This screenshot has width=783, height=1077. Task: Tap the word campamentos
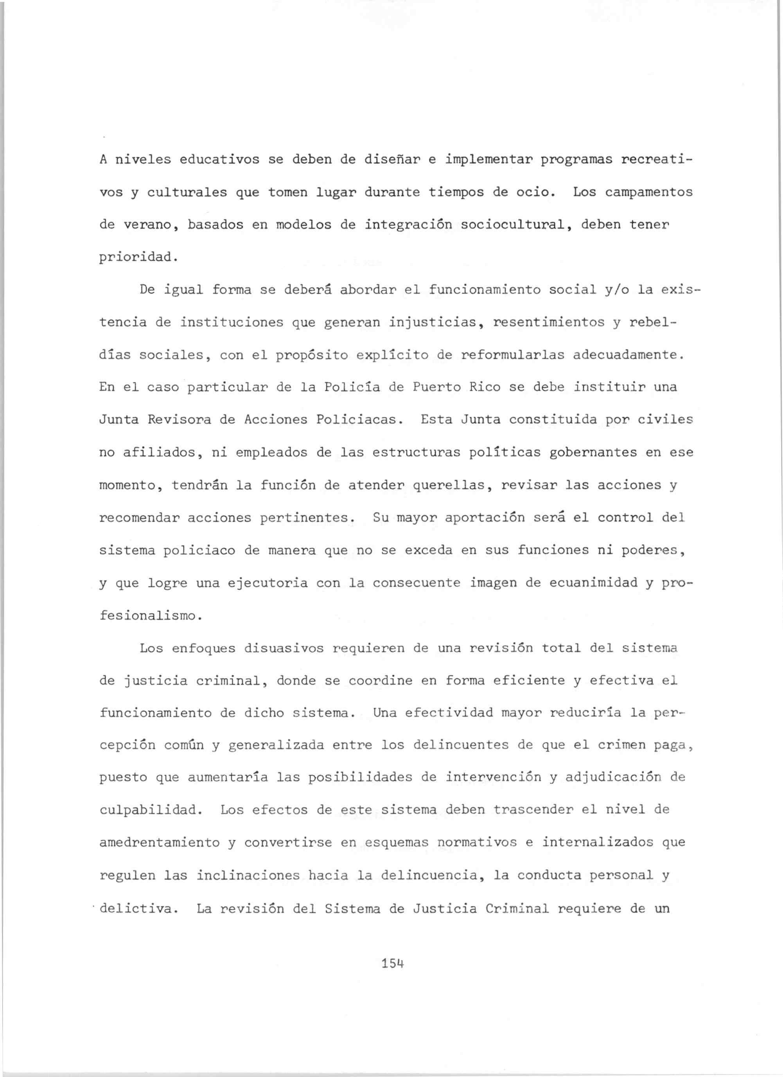click(649, 192)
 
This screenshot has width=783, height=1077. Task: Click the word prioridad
click(138, 258)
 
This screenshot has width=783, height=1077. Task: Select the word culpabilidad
click(151, 810)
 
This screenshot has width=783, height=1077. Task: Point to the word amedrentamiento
click(160, 843)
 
